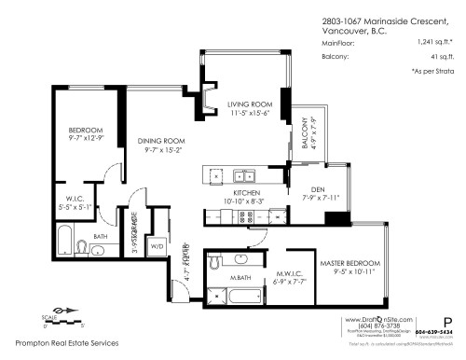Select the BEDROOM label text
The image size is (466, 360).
[x=83, y=130]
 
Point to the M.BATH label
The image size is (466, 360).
[x=240, y=279]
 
